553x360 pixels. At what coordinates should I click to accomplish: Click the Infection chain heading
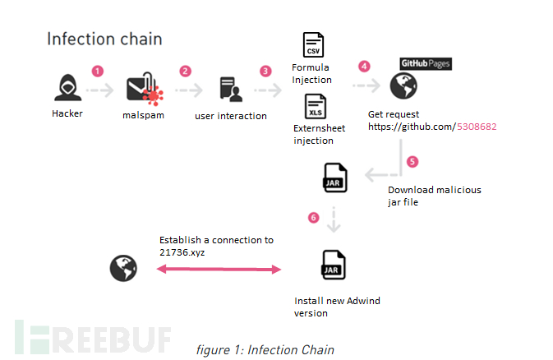pyautogui.click(x=104, y=39)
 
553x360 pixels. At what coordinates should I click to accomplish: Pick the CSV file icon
pyautogui.click(x=313, y=45)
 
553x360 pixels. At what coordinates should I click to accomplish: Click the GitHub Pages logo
pyautogui.click(x=425, y=63)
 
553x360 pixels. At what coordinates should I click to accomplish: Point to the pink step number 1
pyautogui.click(x=98, y=71)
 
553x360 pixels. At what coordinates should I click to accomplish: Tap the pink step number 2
pyautogui.click(x=185, y=71)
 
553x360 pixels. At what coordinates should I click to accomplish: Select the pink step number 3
pyautogui.click(x=265, y=71)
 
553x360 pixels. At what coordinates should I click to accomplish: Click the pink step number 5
pyautogui.click(x=412, y=162)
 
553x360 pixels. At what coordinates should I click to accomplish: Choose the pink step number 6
pyautogui.click(x=313, y=217)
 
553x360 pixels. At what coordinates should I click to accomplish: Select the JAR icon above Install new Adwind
pyautogui.click(x=334, y=265)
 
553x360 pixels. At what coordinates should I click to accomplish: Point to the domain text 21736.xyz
pyautogui.click(x=182, y=252)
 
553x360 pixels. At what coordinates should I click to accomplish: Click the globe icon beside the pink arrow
pyautogui.click(x=123, y=268)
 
